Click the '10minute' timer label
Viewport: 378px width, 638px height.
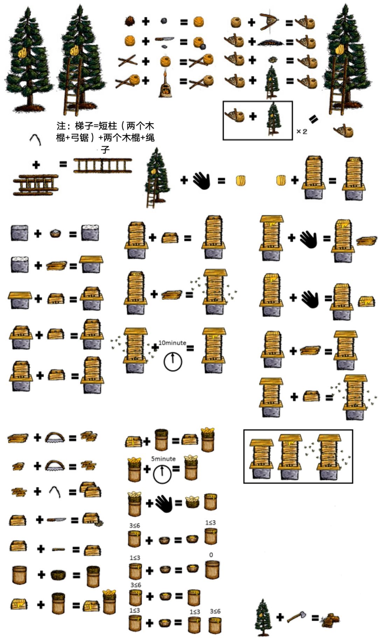(172, 343)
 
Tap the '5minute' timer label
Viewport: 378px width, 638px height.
(163, 459)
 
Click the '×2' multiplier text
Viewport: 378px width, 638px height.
(302, 132)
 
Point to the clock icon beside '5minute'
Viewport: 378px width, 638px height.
(162, 474)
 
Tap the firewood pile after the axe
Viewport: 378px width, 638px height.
(330, 620)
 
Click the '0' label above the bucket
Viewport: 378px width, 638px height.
(211, 555)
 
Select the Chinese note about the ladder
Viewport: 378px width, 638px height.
(105, 137)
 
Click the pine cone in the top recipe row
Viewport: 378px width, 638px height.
(129, 21)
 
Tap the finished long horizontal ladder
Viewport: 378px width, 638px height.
(103, 165)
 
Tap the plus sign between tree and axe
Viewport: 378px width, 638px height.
(280, 617)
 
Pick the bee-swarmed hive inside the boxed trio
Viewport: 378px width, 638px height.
(328, 457)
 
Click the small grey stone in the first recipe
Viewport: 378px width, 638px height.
(163, 21)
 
